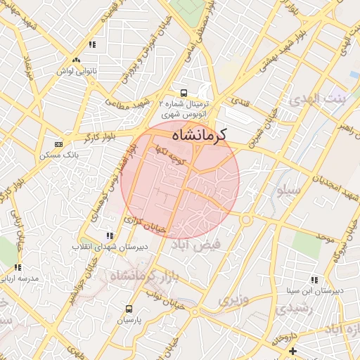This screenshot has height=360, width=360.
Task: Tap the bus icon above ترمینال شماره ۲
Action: (x=184, y=93)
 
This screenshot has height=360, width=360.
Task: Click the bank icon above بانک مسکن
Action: (x=58, y=144)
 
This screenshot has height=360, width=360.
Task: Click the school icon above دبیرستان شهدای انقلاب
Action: (x=109, y=236)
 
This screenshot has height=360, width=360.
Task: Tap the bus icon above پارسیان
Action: (x=129, y=309)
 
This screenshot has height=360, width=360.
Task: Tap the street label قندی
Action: (x=240, y=103)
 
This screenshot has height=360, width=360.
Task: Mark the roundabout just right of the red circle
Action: (x=245, y=219)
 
